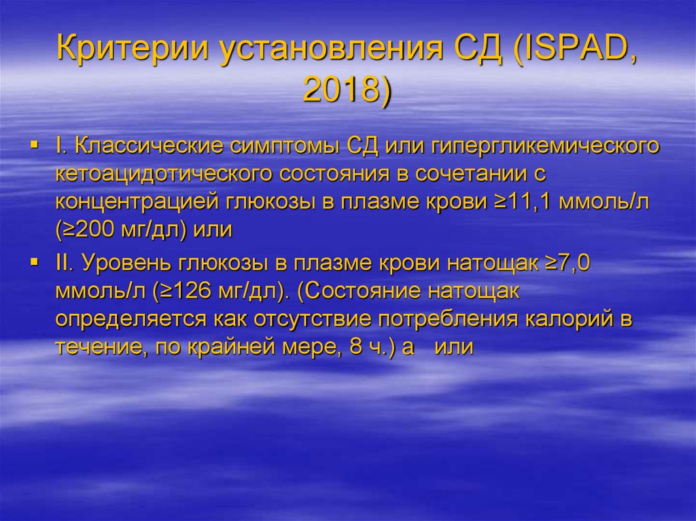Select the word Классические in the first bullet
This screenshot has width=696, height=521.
click(x=143, y=146)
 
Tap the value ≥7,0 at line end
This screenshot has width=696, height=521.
click(x=570, y=263)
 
